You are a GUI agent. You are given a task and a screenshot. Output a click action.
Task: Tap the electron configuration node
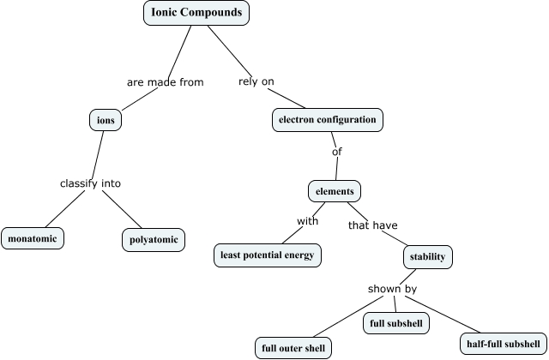pos(327,120)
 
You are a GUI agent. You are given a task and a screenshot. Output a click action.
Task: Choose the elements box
pos(335,190)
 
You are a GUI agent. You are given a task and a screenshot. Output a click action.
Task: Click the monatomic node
pos(33,237)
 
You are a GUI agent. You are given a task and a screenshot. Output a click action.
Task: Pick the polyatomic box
pos(153,239)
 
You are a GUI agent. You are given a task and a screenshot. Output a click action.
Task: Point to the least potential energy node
pos(267,255)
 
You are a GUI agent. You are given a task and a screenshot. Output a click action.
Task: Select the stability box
pos(427,256)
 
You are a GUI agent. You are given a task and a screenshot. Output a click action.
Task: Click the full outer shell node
pos(291,347)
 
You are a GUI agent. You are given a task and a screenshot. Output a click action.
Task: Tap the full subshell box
pos(395,323)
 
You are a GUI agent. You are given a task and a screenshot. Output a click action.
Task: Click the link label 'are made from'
pos(165,82)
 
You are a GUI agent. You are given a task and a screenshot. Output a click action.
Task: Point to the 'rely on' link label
pos(256,81)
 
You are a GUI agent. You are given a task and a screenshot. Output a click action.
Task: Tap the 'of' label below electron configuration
pos(336,153)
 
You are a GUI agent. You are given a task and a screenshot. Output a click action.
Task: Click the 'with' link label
pos(308,221)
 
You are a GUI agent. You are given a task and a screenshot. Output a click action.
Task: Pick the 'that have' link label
pos(372,225)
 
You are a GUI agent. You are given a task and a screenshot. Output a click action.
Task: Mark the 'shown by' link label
pos(392,289)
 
